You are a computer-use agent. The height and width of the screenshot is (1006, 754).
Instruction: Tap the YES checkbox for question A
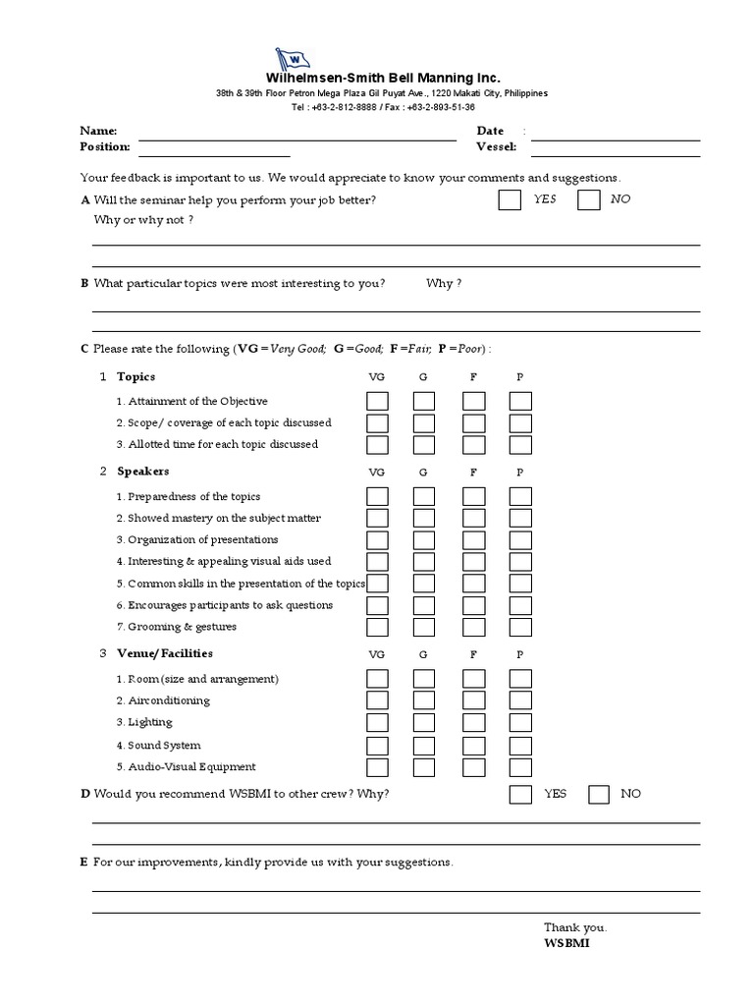(x=510, y=200)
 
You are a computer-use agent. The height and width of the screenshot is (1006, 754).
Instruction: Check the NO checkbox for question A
(x=588, y=200)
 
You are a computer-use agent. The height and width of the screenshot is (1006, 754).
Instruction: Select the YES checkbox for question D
(x=520, y=794)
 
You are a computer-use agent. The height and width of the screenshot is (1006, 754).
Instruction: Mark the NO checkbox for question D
(x=599, y=794)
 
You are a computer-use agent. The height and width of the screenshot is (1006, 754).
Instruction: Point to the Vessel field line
(x=616, y=154)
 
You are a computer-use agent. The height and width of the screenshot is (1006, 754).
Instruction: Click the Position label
(x=104, y=146)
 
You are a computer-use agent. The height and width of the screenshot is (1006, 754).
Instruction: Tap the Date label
(x=490, y=131)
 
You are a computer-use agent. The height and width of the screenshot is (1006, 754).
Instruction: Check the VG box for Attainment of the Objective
(x=377, y=401)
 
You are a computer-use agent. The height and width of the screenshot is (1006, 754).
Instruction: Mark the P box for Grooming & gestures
(x=520, y=627)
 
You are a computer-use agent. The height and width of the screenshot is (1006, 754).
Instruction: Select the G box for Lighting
(x=424, y=723)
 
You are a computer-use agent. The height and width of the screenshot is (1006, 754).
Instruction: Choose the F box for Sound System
(x=474, y=746)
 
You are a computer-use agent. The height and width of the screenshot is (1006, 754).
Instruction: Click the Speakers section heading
(x=142, y=472)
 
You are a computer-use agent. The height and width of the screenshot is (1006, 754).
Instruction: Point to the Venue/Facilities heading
(x=164, y=653)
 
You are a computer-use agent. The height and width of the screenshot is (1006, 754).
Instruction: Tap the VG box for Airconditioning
(x=377, y=700)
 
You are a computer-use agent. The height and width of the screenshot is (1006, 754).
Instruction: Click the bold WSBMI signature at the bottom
(x=566, y=943)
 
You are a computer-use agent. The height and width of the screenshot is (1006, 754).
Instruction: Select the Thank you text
(x=575, y=927)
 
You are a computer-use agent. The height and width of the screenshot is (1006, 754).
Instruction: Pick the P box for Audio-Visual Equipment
(x=520, y=767)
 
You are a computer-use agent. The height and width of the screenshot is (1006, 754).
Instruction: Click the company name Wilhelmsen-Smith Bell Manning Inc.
(x=383, y=78)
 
